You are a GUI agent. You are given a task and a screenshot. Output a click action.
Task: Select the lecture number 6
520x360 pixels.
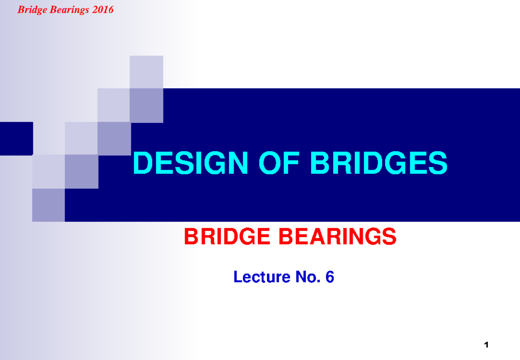click(x=330, y=277)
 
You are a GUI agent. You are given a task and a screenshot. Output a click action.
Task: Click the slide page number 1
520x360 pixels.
click(x=487, y=345)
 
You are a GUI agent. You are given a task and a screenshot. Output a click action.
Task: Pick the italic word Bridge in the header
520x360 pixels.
click(x=31, y=10)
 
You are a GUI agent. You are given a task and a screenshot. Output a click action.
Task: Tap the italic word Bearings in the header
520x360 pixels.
click(x=65, y=10)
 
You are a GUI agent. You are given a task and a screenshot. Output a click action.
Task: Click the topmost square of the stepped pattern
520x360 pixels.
click(x=146, y=72)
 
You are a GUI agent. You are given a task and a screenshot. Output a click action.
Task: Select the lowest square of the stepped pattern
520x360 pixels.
click(x=49, y=205)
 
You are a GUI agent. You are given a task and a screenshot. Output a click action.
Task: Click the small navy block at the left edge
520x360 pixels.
click(x=16, y=139)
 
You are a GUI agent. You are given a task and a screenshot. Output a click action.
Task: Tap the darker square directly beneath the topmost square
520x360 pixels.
click(x=146, y=105)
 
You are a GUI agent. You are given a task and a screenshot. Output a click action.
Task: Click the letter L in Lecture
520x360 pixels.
click(x=237, y=277)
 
